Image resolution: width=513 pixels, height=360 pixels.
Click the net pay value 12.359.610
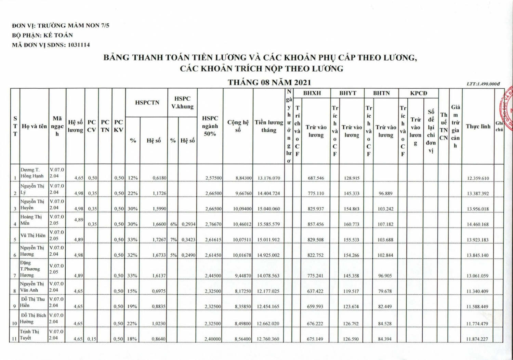[478, 178]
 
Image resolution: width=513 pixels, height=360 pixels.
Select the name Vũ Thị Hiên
[33, 235]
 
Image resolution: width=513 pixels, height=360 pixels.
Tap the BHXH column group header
[312, 93]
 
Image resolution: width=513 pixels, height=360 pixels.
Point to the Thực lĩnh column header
[478, 127]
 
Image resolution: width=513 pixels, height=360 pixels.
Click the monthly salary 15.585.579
[268, 224]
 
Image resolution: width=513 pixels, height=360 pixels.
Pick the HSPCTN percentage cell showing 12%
[133, 178]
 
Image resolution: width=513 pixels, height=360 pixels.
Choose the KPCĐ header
[419, 93]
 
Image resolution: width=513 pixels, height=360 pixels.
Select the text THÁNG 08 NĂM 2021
[269, 82]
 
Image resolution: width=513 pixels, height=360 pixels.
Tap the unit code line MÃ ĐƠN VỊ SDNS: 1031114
[51, 45]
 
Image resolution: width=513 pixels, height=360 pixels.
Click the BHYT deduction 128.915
[352, 178]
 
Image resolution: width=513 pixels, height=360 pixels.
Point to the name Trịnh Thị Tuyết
[30, 335]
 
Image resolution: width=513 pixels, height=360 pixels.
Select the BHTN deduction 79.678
[385, 291]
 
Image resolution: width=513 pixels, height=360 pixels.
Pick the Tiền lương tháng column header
[269, 126]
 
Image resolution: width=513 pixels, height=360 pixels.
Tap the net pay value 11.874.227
[478, 339]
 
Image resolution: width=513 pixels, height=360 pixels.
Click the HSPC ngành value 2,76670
[213, 224]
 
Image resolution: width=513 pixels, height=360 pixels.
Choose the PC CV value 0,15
[92, 339]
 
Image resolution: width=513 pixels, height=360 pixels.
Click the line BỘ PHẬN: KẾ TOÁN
[42, 35]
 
